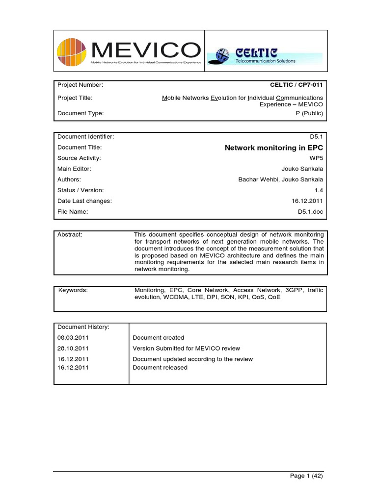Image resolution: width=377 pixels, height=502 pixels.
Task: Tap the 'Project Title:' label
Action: tap(75, 98)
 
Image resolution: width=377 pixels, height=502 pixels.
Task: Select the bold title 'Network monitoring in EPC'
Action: tap(273, 148)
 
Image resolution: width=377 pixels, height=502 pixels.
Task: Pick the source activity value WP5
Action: tap(316, 158)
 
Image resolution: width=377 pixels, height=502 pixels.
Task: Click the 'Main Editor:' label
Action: tap(74, 169)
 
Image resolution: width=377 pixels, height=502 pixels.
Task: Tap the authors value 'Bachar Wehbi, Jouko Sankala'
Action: tap(280, 179)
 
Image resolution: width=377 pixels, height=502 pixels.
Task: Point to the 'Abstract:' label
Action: tap(70, 235)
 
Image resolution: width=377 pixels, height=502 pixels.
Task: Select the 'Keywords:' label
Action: tap(73, 290)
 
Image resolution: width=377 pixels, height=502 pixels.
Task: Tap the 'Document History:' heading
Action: tap(83, 327)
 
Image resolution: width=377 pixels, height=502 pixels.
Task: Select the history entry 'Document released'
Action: tap(160, 367)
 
